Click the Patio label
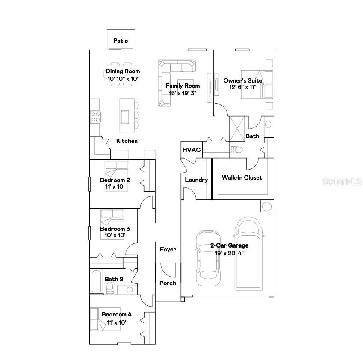point(121,41)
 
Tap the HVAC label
point(192,150)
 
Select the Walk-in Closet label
point(242,177)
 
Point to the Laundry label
point(196,180)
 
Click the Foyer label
point(168,249)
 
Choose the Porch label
point(168,283)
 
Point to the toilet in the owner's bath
point(236,150)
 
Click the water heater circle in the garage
point(266,207)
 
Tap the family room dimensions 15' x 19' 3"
point(183,92)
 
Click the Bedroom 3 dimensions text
point(115,235)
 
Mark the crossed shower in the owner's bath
point(238,128)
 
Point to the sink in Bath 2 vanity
point(129,289)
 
